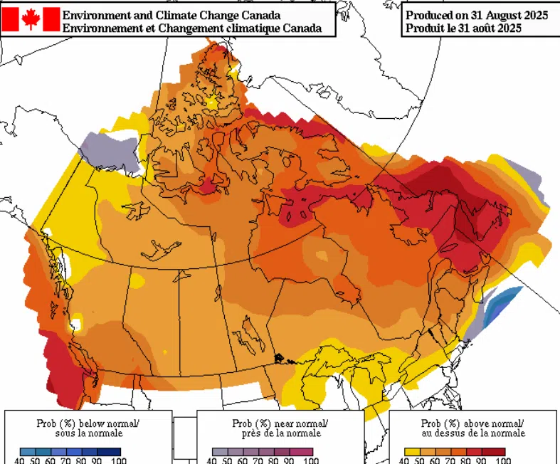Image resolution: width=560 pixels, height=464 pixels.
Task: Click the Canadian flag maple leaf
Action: [31, 19]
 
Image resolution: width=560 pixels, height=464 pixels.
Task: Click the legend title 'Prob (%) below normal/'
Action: [88, 423]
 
